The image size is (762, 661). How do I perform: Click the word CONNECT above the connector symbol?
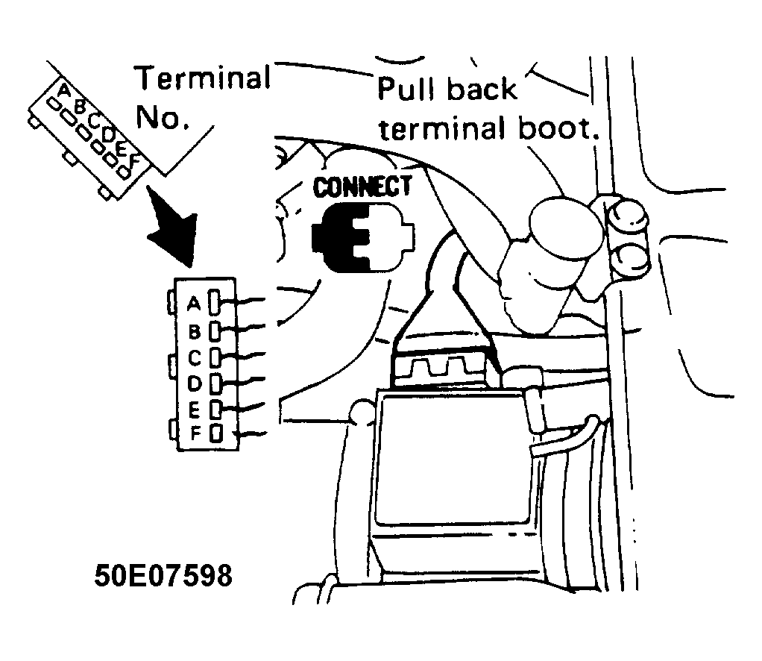[x=362, y=187]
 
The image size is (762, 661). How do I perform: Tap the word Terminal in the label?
[x=203, y=78]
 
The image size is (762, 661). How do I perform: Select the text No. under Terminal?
[x=163, y=117]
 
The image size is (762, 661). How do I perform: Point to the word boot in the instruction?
[x=559, y=128]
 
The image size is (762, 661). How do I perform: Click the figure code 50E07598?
[x=163, y=575]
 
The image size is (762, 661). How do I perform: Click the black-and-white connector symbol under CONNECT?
[x=362, y=236]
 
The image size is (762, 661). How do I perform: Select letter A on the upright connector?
[x=194, y=303]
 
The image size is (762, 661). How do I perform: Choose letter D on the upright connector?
[x=195, y=383]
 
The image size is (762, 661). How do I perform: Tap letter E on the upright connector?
[x=194, y=410]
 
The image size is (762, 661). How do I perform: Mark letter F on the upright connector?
[x=195, y=433]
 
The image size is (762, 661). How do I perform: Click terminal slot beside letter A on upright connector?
[x=214, y=302]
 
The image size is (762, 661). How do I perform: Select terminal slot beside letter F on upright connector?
[x=216, y=433]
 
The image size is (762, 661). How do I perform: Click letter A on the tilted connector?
[x=64, y=90]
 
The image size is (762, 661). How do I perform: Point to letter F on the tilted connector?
[x=133, y=159]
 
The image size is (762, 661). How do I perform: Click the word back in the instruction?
[x=482, y=89]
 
